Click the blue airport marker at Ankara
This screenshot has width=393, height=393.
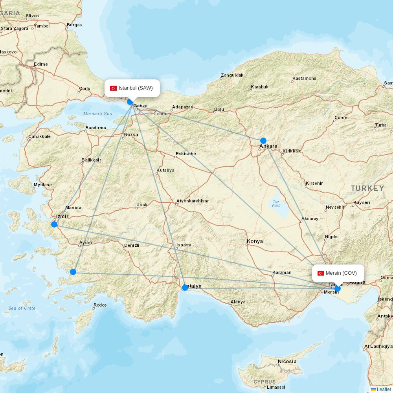click(263, 141)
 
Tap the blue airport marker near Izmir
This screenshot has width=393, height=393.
click(54, 224)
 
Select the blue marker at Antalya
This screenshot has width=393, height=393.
click(185, 288)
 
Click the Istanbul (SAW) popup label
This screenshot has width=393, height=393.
click(132, 88)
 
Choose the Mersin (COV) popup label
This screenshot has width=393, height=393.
click(338, 273)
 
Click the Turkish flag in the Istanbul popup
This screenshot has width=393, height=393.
click(114, 88)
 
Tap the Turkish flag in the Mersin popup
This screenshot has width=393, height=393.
click(321, 273)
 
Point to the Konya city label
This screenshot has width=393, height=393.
click(255, 241)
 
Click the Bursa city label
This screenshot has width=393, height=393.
click(131, 135)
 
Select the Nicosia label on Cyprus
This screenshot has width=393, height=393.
click(287, 362)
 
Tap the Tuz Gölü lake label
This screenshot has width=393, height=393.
click(276, 204)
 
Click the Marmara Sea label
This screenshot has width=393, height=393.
click(97, 114)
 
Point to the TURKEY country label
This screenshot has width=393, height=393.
click(367, 189)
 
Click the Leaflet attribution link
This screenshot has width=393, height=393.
click(384, 389)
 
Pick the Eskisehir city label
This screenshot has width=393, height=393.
click(186, 154)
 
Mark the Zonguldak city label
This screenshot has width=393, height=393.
click(232, 75)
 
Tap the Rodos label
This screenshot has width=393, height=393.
click(100, 305)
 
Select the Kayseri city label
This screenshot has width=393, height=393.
click(362, 202)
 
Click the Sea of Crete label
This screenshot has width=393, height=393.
click(22, 308)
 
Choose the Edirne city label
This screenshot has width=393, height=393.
click(41, 64)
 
